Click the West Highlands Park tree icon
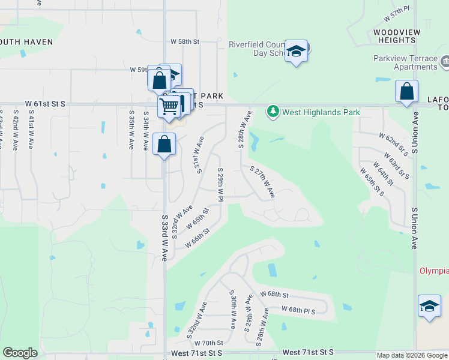tap(273, 112)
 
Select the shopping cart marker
tap(169, 107)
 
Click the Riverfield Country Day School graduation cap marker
tap(297, 52)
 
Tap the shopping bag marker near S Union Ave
tap(407, 92)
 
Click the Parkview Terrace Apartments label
tap(404, 62)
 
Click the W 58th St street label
tap(184, 41)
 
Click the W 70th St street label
tap(209, 343)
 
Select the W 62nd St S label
tap(393, 145)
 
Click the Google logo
tap(20, 353)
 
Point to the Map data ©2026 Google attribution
tap(411, 355)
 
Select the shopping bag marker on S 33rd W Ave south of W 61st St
tap(164, 144)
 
